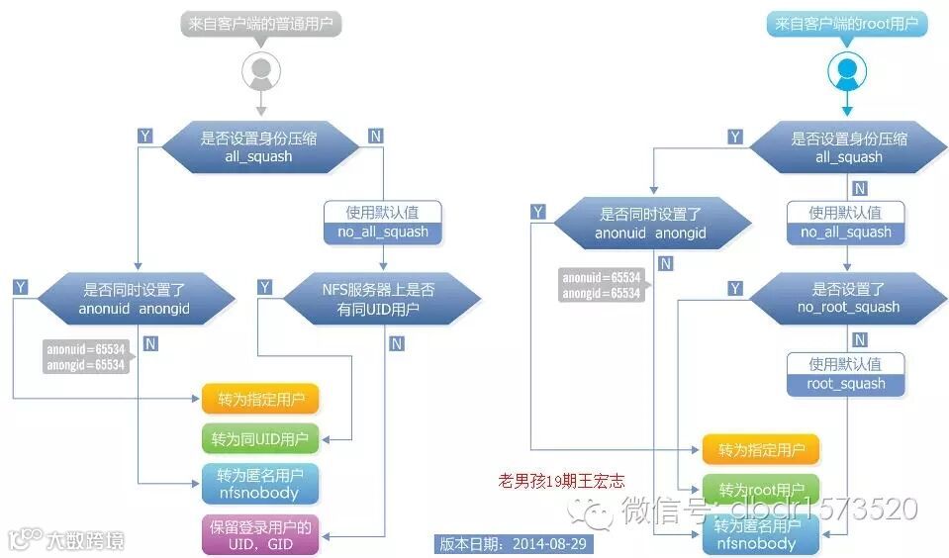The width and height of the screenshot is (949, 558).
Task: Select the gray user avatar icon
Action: click(261, 69)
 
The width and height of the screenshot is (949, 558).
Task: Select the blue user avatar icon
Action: click(847, 69)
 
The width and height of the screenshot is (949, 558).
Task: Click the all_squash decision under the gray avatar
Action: click(261, 146)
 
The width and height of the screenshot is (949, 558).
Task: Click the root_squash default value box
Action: click(846, 374)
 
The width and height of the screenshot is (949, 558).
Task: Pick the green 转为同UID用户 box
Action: click(260, 438)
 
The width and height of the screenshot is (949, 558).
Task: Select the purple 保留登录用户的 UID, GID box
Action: click(260, 534)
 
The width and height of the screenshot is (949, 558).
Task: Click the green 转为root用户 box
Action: click(761, 490)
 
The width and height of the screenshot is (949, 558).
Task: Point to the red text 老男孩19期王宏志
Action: click(561, 482)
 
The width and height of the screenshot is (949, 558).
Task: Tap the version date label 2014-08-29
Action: click(514, 544)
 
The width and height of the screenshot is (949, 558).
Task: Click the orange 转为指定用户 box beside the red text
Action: click(761, 450)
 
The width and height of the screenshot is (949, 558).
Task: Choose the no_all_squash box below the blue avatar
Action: click(846, 223)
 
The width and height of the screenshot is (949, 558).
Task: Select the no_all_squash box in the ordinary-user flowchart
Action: click(382, 222)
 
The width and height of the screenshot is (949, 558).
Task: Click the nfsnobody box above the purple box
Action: click(260, 483)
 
